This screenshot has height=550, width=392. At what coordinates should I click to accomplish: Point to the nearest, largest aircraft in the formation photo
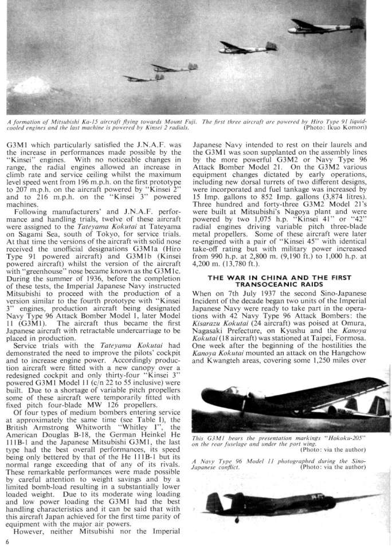click(332, 26)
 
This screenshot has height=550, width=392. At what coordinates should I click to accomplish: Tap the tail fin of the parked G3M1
click(375, 407)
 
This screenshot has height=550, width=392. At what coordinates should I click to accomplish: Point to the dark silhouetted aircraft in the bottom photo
click(269, 502)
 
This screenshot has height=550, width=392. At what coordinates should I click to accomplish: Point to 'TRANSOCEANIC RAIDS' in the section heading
click(288, 285)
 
